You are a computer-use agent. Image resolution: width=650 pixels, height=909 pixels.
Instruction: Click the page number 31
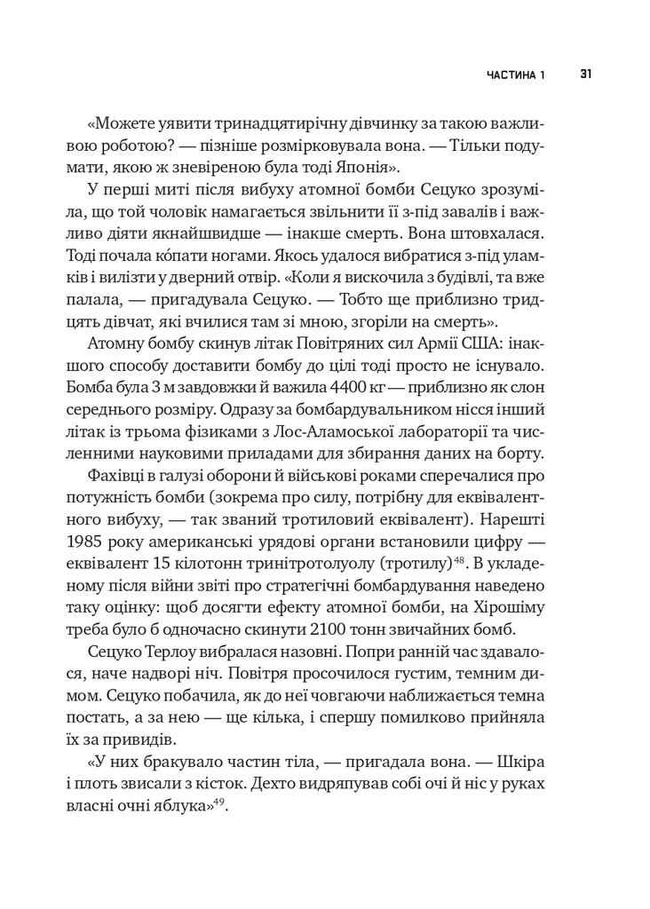coord(586,74)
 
